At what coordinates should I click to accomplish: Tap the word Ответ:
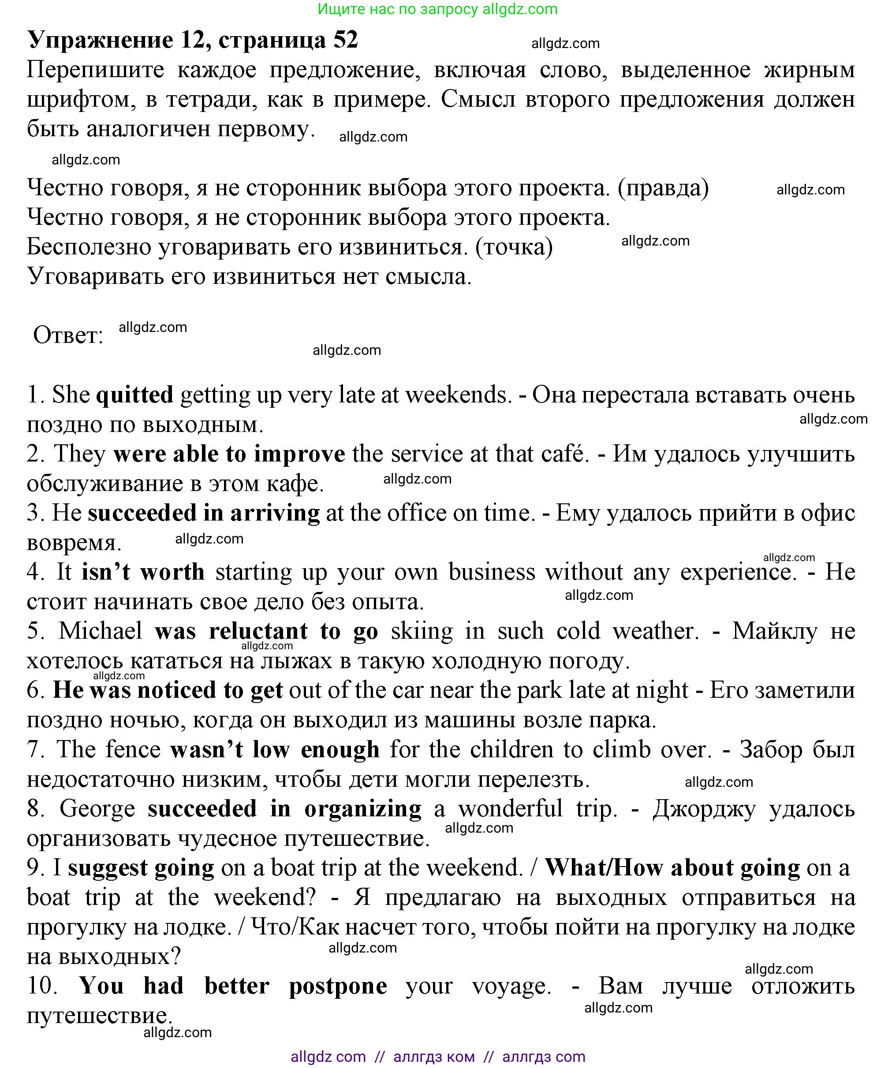tap(68, 335)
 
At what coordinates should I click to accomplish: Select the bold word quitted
tap(135, 394)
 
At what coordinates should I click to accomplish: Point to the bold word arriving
tap(275, 513)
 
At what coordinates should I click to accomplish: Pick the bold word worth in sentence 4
tap(172, 572)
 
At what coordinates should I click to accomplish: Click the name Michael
tap(101, 631)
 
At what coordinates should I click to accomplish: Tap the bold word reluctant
tap(258, 631)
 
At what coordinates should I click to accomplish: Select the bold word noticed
tap(177, 690)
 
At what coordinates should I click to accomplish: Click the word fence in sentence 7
tap(133, 749)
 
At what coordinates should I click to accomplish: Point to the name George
tap(97, 808)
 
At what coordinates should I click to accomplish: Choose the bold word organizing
tap(363, 809)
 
